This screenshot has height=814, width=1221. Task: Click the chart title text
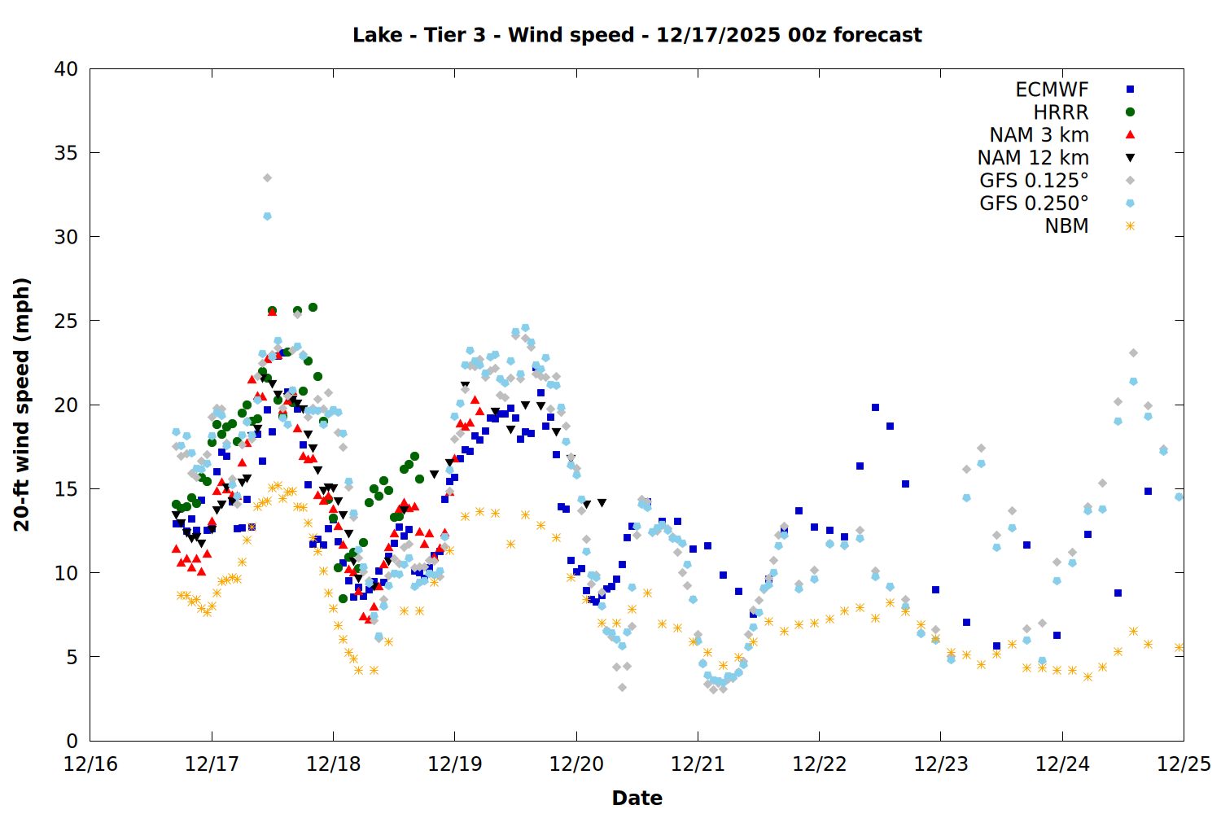coord(637,35)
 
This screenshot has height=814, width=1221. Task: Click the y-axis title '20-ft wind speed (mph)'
coord(22,405)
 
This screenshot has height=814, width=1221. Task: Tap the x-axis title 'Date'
coord(637,798)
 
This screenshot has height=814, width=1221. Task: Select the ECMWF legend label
coord(1052,90)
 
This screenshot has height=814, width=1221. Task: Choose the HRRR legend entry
coord(1061,112)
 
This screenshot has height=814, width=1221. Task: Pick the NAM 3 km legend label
coord(1039,135)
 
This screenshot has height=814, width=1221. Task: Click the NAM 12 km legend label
coord(1033,158)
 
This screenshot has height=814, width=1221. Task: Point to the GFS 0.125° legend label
coord(1034,181)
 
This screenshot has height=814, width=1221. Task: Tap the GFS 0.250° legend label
coord(1034,203)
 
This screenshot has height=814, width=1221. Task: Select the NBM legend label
coord(1066,226)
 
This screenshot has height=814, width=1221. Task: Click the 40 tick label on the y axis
coord(66,69)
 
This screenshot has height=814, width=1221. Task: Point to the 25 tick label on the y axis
coord(66,321)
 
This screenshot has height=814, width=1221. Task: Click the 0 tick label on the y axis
coord(72,741)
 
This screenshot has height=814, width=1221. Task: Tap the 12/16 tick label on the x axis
coord(90,764)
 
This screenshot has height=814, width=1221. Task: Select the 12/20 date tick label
coord(576,764)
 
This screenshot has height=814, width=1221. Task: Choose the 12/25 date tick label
coord(1184,764)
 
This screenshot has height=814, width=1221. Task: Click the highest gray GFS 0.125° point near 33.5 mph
coord(267,177)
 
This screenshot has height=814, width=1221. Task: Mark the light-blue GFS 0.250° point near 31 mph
coord(267,216)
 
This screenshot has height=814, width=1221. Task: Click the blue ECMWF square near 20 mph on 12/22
coord(875,407)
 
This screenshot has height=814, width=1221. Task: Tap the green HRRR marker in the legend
coord(1130,112)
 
